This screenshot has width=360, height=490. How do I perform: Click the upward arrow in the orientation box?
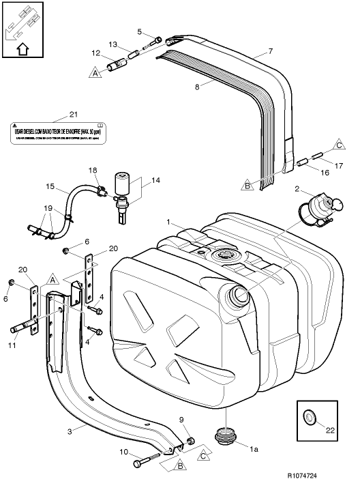click(22, 48)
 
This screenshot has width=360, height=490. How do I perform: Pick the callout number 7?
click(271, 52)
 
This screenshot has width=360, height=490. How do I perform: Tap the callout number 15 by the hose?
click(49, 186)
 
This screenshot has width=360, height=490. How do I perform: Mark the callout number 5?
click(139, 31)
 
